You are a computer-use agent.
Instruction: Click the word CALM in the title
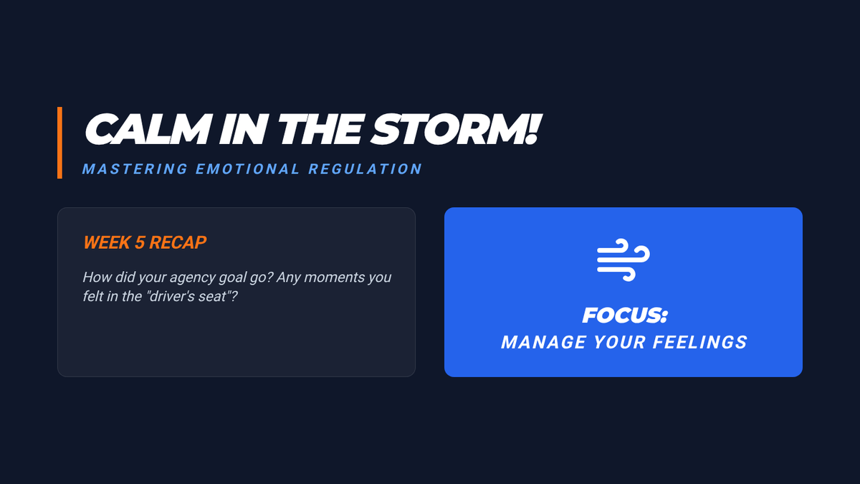pyautogui.click(x=148, y=129)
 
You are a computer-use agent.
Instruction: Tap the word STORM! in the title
pyautogui.click(x=456, y=129)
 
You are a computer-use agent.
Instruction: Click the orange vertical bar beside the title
pyautogui.click(x=59, y=143)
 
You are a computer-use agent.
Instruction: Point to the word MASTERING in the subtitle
pyautogui.click(x=135, y=169)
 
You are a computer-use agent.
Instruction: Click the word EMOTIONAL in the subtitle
pyautogui.click(x=248, y=169)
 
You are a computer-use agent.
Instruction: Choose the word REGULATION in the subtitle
pyautogui.click(x=365, y=169)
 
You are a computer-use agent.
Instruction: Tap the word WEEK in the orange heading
pyautogui.click(x=107, y=242)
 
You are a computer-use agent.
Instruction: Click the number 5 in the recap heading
pyautogui.click(x=139, y=242)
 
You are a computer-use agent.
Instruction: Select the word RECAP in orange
pyautogui.click(x=178, y=242)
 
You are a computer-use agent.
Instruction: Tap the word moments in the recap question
pyautogui.click(x=334, y=277)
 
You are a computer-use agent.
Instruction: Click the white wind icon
pyautogui.click(x=623, y=260)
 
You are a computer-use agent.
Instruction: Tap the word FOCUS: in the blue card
pyautogui.click(x=625, y=315)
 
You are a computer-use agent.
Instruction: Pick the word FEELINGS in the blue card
pyautogui.click(x=700, y=342)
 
